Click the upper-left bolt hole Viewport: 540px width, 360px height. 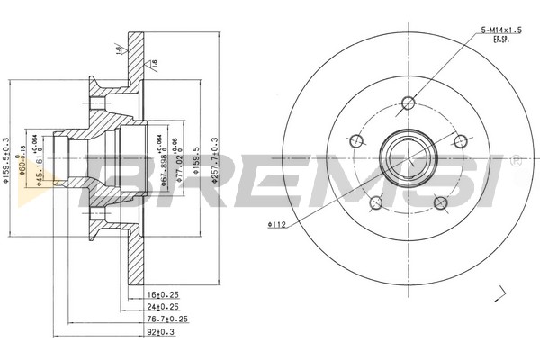tap(354, 140)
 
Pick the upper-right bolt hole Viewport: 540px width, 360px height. tap(460, 140)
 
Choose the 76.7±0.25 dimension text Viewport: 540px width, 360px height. tap(166, 318)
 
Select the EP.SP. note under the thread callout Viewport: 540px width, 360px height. tap(494, 40)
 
